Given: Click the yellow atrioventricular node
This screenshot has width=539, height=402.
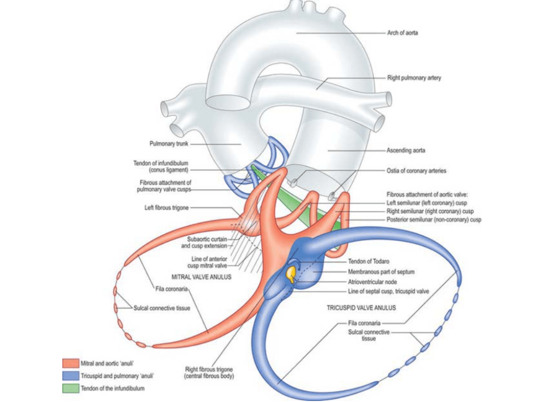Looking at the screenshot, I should [x=290, y=273].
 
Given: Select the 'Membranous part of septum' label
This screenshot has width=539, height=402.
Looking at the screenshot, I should [x=381, y=272].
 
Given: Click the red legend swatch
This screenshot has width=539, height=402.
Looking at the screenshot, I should [x=70, y=363].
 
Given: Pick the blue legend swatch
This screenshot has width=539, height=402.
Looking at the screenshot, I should [x=70, y=376].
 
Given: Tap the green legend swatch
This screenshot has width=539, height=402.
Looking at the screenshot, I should [x=70, y=389].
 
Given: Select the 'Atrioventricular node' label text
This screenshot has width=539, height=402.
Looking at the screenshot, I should [x=372, y=282].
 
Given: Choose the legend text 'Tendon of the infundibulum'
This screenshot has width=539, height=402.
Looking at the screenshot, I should [x=112, y=389].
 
